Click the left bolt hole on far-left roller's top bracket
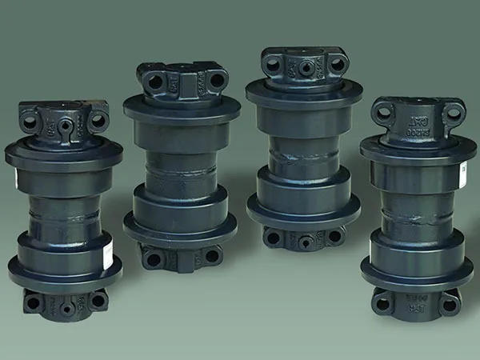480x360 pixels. (x=30, y=122)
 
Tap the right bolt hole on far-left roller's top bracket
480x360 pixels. (x=98, y=121)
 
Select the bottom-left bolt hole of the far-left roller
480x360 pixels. (x=34, y=302)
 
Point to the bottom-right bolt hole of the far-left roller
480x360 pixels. (x=96, y=300)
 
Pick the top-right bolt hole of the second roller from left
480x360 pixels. (x=217, y=79)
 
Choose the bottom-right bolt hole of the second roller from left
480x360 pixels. (x=211, y=256)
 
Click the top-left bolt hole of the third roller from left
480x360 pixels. (x=274, y=63)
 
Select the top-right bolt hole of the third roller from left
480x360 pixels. (x=337, y=63)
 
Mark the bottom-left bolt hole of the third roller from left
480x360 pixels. (x=274, y=238)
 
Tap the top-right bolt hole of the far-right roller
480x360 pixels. (x=453, y=114)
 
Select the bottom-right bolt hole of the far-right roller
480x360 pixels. (x=450, y=304)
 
